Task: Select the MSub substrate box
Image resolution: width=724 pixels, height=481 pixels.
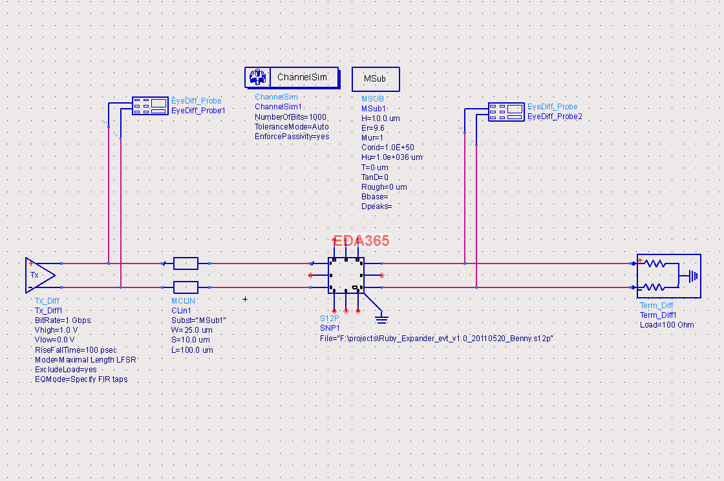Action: [x=375, y=78]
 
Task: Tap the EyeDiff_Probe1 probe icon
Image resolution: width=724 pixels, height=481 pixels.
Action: [x=149, y=106]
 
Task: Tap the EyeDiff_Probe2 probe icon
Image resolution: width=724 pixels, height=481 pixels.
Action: [x=506, y=111]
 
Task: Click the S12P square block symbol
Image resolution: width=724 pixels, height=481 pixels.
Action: [x=345, y=276]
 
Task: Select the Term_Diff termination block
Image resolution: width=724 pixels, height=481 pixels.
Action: [x=668, y=275]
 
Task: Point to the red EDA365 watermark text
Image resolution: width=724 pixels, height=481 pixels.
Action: [x=361, y=241]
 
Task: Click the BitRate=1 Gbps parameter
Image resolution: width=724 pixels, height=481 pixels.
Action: [x=63, y=320]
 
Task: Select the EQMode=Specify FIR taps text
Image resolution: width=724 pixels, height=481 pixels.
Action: [x=81, y=379]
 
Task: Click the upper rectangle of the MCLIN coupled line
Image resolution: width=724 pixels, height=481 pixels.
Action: [x=186, y=263]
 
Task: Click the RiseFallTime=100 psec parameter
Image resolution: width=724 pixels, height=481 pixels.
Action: [x=76, y=350]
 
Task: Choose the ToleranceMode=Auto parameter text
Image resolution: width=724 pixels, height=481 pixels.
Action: [x=292, y=127]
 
